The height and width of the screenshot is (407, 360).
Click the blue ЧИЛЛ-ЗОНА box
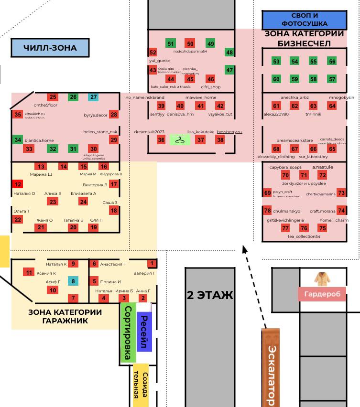click(x=50, y=48)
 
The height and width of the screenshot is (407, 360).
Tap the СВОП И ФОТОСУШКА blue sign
click(x=304, y=20)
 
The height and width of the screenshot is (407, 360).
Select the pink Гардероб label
click(x=322, y=294)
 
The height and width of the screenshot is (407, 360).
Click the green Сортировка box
click(x=128, y=333)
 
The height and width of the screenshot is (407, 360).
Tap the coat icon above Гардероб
click(x=320, y=279)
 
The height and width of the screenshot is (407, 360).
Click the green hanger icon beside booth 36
click(x=180, y=140)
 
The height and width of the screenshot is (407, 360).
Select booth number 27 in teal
click(x=93, y=97)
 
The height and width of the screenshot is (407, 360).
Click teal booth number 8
click(x=73, y=281)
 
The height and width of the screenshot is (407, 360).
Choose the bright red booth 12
click(x=18, y=184)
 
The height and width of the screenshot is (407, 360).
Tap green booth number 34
click(x=18, y=140)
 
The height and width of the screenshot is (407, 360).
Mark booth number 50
click(x=190, y=44)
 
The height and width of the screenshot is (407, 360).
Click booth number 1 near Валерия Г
click(x=152, y=263)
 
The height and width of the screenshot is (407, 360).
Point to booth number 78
click(x=267, y=211)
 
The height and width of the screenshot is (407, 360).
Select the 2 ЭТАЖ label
click(x=210, y=295)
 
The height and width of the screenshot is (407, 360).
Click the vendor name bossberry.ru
click(x=229, y=132)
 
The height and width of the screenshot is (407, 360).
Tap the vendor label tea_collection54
click(x=304, y=236)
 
